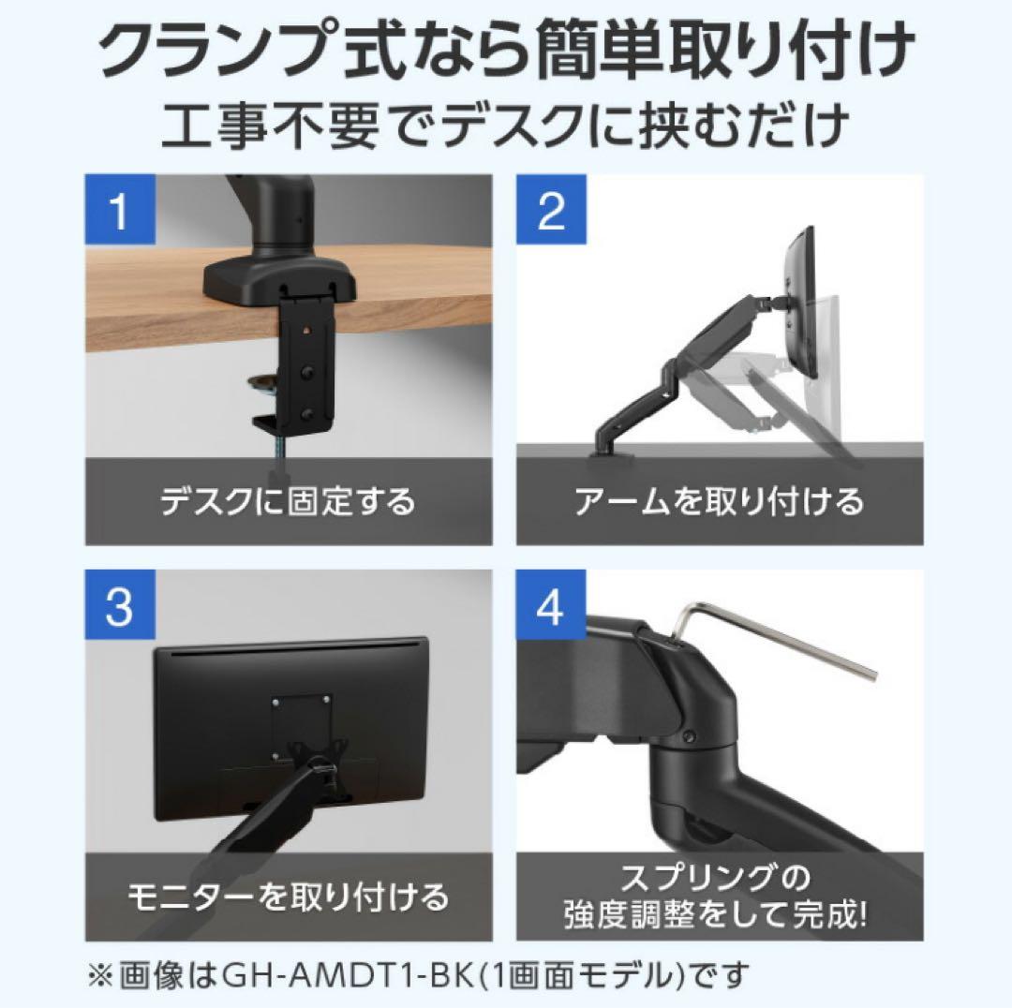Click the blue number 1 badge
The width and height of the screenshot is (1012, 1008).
(118, 211)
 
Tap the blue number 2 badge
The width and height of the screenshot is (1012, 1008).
(551, 211)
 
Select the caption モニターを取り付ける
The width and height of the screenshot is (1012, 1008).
(288, 897)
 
